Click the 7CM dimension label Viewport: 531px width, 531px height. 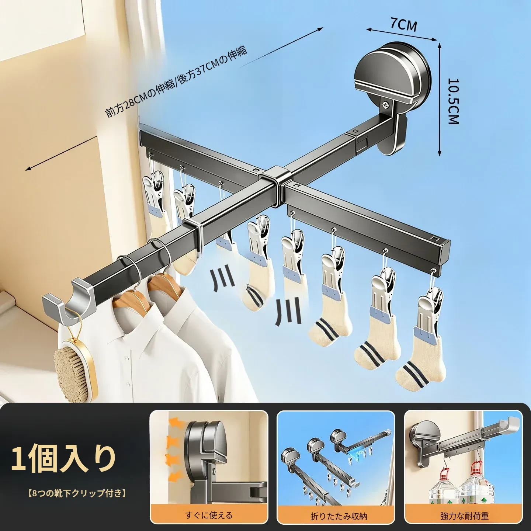point(403,25)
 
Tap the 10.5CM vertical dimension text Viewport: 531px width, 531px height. point(453,101)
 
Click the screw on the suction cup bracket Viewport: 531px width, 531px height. point(384,104)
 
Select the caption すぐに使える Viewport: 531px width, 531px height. point(209,515)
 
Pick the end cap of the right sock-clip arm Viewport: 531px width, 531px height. point(442,253)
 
